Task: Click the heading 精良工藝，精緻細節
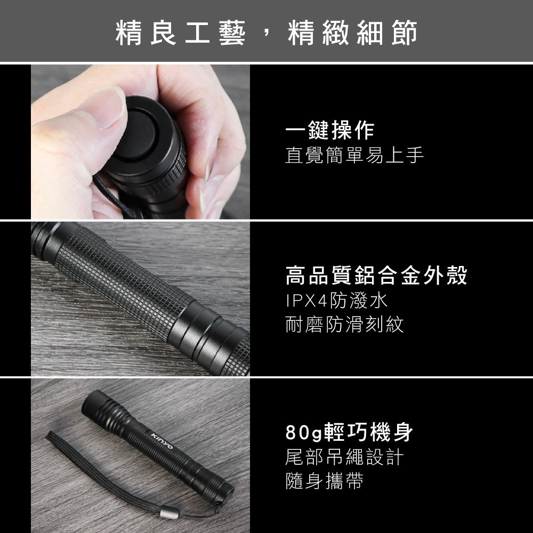[266, 33]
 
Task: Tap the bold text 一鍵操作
[329, 131]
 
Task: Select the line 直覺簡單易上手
[354, 156]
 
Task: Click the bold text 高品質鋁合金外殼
[376, 276]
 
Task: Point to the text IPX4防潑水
[336, 301]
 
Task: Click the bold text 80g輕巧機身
[349, 432]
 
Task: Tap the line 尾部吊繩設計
[344, 457]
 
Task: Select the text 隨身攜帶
[324, 481]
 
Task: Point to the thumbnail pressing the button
[104, 107]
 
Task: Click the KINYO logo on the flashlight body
[163, 438]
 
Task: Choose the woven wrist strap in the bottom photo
[91, 469]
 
